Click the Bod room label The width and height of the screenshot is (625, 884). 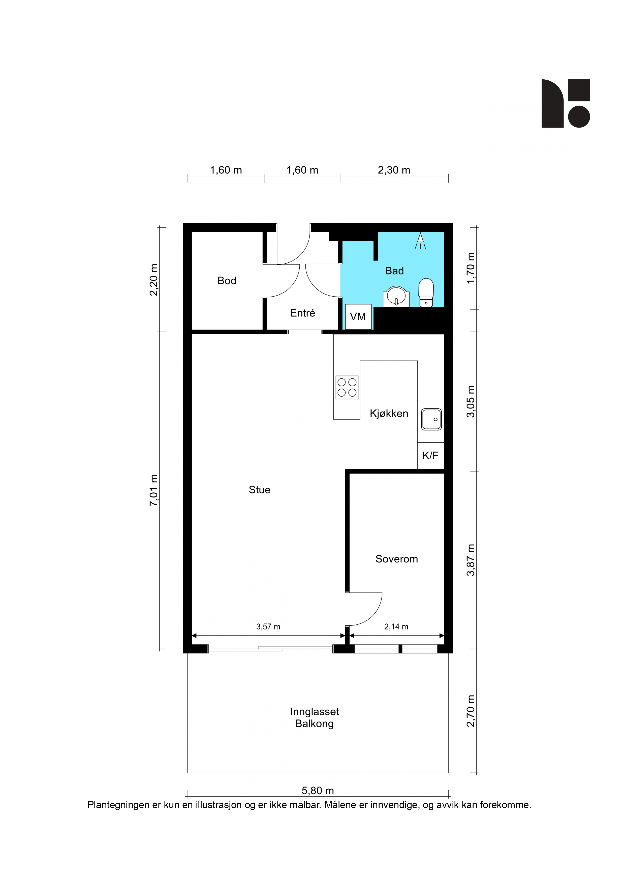(x=227, y=281)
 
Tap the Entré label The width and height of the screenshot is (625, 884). (x=303, y=313)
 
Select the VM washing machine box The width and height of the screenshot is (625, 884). (x=358, y=317)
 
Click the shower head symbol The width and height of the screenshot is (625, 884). (x=420, y=241)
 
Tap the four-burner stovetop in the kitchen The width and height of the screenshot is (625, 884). (x=347, y=387)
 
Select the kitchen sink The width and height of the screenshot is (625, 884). (x=431, y=419)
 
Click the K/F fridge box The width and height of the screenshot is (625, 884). (x=430, y=455)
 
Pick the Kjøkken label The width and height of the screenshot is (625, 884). (x=389, y=414)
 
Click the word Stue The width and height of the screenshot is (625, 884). (x=260, y=490)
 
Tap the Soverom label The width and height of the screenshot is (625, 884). (x=397, y=559)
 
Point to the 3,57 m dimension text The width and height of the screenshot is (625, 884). (x=268, y=627)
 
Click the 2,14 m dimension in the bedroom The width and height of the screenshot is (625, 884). (x=396, y=627)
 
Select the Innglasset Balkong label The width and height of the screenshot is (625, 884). (x=315, y=718)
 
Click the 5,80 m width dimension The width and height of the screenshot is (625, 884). (x=318, y=791)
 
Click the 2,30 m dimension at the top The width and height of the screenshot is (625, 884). (x=394, y=170)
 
